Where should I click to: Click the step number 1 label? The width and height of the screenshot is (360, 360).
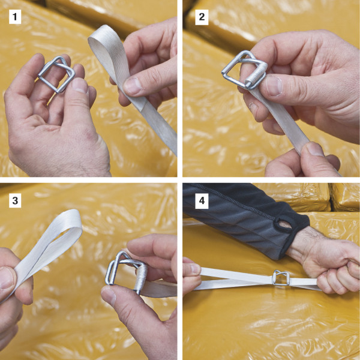click(x=15, y=17)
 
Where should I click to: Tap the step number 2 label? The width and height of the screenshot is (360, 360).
click(x=202, y=17)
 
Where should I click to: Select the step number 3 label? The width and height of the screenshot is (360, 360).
click(x=15, y=200)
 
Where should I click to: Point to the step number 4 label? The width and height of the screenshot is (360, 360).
click(x=202, y=200)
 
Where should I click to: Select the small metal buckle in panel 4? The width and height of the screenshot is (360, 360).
click(x=281, y=277)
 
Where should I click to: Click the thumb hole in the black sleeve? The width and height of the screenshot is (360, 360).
click(x=284, y=224)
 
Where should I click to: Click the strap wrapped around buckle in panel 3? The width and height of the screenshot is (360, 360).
click(x=140, y=278)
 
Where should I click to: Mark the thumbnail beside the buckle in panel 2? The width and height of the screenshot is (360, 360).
click(x=273, y=85)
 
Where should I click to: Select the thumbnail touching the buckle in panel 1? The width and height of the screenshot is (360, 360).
click(x=79, y=85)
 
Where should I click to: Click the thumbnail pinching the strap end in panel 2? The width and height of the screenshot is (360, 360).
click(x=314, y=149)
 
